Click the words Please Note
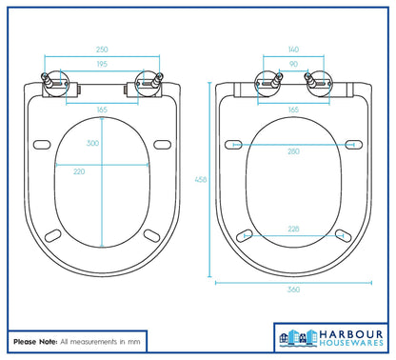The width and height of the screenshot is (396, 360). point(33,340)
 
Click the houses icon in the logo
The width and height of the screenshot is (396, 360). point(293,335)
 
